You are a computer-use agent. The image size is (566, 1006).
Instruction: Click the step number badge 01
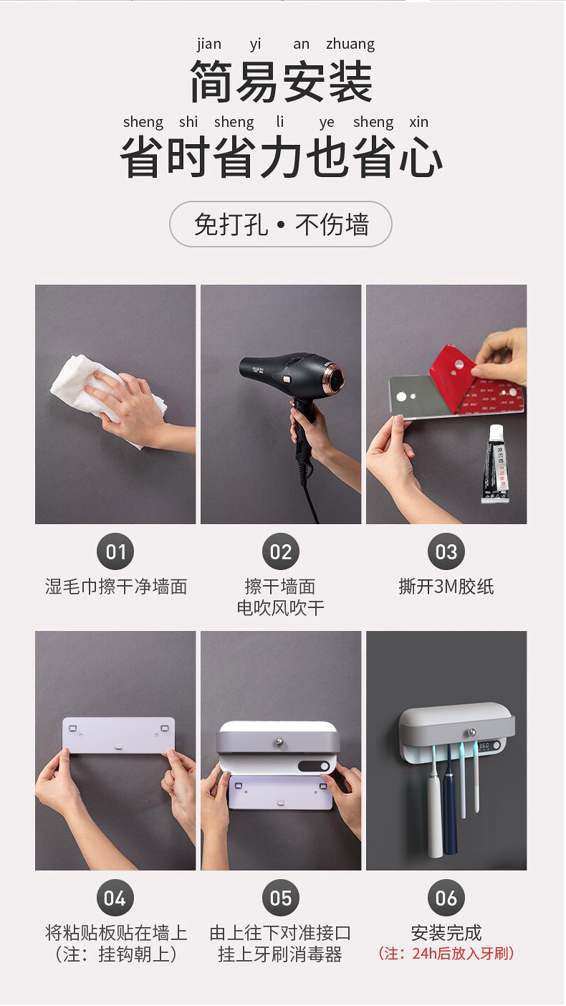115,551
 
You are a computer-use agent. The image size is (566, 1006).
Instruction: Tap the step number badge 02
281,551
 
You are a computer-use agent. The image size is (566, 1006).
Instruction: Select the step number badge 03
446,551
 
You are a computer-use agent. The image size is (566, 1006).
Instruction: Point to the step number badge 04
115,898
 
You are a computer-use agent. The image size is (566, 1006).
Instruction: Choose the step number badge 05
281,898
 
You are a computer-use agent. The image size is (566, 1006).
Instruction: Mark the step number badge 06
446,898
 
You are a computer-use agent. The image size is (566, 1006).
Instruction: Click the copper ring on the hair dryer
334,377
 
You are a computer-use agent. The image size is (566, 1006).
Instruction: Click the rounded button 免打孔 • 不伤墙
281,224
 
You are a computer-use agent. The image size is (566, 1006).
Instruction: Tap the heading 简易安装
281,82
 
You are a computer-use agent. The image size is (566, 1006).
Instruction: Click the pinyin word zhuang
350,44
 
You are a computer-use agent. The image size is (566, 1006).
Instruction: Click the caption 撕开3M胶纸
446,587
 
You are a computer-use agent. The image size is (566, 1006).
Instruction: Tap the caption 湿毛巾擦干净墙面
115,587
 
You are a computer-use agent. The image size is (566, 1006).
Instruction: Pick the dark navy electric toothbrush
451,810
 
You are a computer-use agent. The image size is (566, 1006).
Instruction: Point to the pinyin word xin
418,122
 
